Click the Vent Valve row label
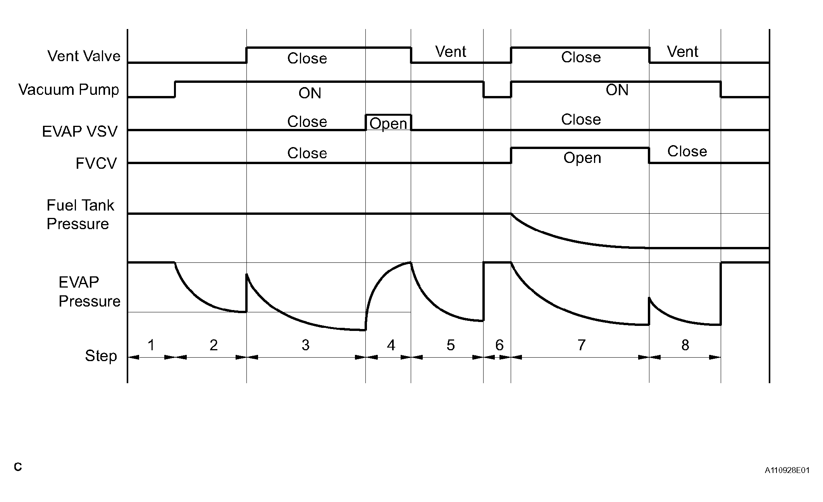pos(84,56)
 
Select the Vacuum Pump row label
pos(69,89)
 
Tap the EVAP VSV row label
pos(79,132)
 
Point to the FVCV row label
pos(96,163)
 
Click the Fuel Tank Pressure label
pos(80,214)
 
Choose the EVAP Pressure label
pos(90,292)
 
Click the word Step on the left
pos(101,356)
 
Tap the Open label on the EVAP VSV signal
pos(388,124)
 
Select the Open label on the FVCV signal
pos(582,158)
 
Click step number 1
pos(151,344)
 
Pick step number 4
pos(391,344)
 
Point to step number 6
pos(499,344)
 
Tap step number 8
pos(685,344)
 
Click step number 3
pos(305,344)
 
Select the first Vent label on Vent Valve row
pos(451,51)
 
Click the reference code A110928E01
pos(787,471)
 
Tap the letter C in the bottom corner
pos(18,467)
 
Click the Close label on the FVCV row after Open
pos(687,151)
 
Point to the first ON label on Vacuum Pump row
pos(310,93)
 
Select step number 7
pos(581,344)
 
